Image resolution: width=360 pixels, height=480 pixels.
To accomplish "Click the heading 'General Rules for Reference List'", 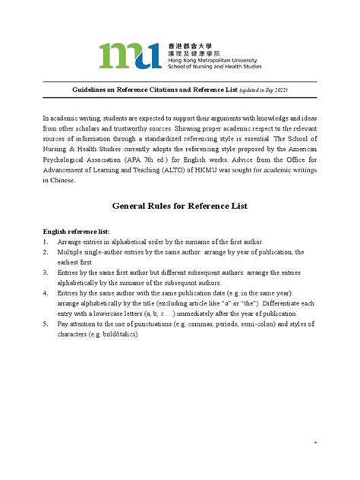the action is click(180, 206).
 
